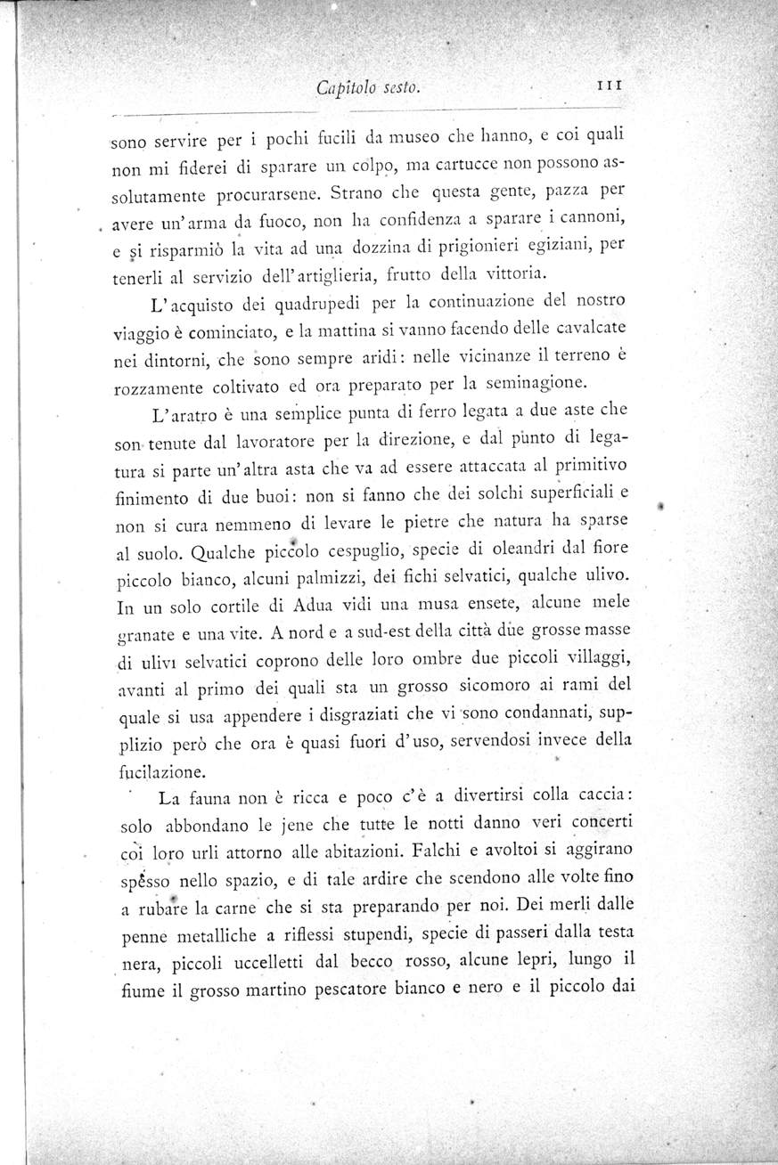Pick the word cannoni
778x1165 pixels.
click(589, 216)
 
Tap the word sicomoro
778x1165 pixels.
click(499, 687)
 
